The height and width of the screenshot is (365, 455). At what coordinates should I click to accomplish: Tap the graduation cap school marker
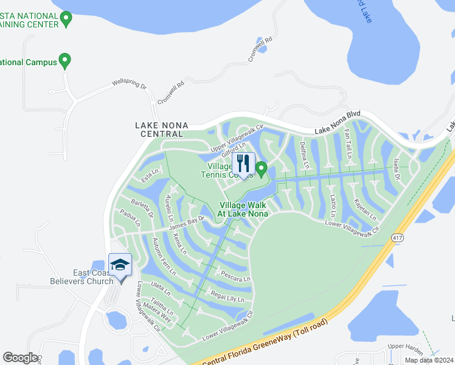pyautogui.click(x=120, y=265)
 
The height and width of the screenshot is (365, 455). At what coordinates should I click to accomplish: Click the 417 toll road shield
pyautogui.click(x=398, y=237)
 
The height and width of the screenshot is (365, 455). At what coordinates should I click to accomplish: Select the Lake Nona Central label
pyautogui.click(x=161, y=130)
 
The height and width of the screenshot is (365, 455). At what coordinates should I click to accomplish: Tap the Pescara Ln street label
pyautogui.click(x=235, y=276)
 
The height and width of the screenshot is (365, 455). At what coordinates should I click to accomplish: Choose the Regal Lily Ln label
pyautogui.click(x=227, y=296)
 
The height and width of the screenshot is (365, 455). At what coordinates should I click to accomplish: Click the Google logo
pyautogui.click(x=20, y=358)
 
